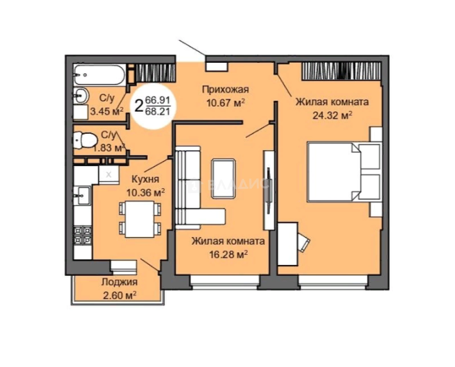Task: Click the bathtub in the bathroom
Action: click(99, 75)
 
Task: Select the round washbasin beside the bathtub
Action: click(81, 96)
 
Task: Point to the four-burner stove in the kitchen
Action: click(83, 236)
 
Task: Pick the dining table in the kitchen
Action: click(140, 219)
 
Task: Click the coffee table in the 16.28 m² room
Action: click(223, 179)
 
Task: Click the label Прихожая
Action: click(225, 90)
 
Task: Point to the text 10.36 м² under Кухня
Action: click(145, 192)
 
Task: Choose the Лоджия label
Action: click(119, 282)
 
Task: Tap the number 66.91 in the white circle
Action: click(158, 100)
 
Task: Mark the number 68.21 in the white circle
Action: click(158, 111)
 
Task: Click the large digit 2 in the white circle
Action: click(139, 106)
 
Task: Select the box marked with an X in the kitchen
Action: click(109, 175)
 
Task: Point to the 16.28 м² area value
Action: click(228, 255)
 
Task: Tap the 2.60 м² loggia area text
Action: click(119, 295)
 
